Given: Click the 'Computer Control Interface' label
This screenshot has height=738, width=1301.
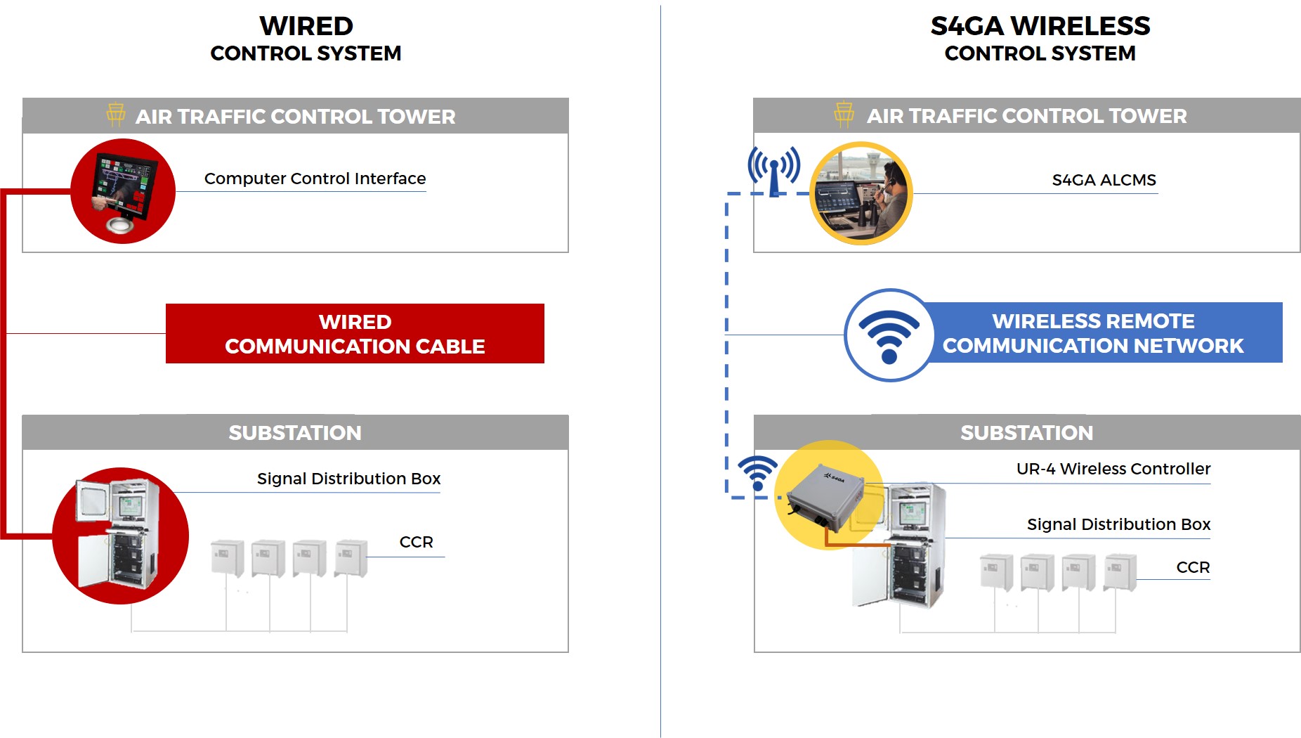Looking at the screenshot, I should click(x=315, y=179).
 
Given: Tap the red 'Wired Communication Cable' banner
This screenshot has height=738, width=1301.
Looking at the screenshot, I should click(x=355, y=334).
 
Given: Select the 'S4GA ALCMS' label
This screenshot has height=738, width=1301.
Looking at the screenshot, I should click(x=1104, y=180).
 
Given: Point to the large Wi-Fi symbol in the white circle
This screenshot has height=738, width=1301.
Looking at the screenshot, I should click(x=889, y=335).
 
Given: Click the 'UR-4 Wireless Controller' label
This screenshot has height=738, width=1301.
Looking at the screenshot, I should click(x=1113, y=469).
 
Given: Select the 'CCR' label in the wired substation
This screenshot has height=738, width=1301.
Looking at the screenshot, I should click(x=416, y=542).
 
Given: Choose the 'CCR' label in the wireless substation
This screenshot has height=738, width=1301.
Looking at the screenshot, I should click(x=1193, y=567).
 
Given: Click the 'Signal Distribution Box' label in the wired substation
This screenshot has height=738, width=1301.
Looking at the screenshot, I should click(x=348, y=479).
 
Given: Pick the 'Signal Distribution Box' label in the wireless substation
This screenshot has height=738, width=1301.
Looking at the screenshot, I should click(x=1118, y=524).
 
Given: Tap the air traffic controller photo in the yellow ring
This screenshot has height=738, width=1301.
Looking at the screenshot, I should click(x=861, y=193).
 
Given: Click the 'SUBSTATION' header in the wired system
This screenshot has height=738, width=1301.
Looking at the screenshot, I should click(x=295, y=433).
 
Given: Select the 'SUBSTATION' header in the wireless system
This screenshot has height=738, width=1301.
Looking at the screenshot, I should click(x=1026, y=433).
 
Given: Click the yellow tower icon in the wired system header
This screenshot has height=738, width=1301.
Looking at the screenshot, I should click(x=116, y=115).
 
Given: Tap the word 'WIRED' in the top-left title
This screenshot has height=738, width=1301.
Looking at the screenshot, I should click(x=306, y=26).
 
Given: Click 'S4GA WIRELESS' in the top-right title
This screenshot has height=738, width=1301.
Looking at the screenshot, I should click(x=1040, y=26).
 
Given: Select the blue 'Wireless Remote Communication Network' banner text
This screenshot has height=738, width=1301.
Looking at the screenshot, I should click(x=1092, y=333).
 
